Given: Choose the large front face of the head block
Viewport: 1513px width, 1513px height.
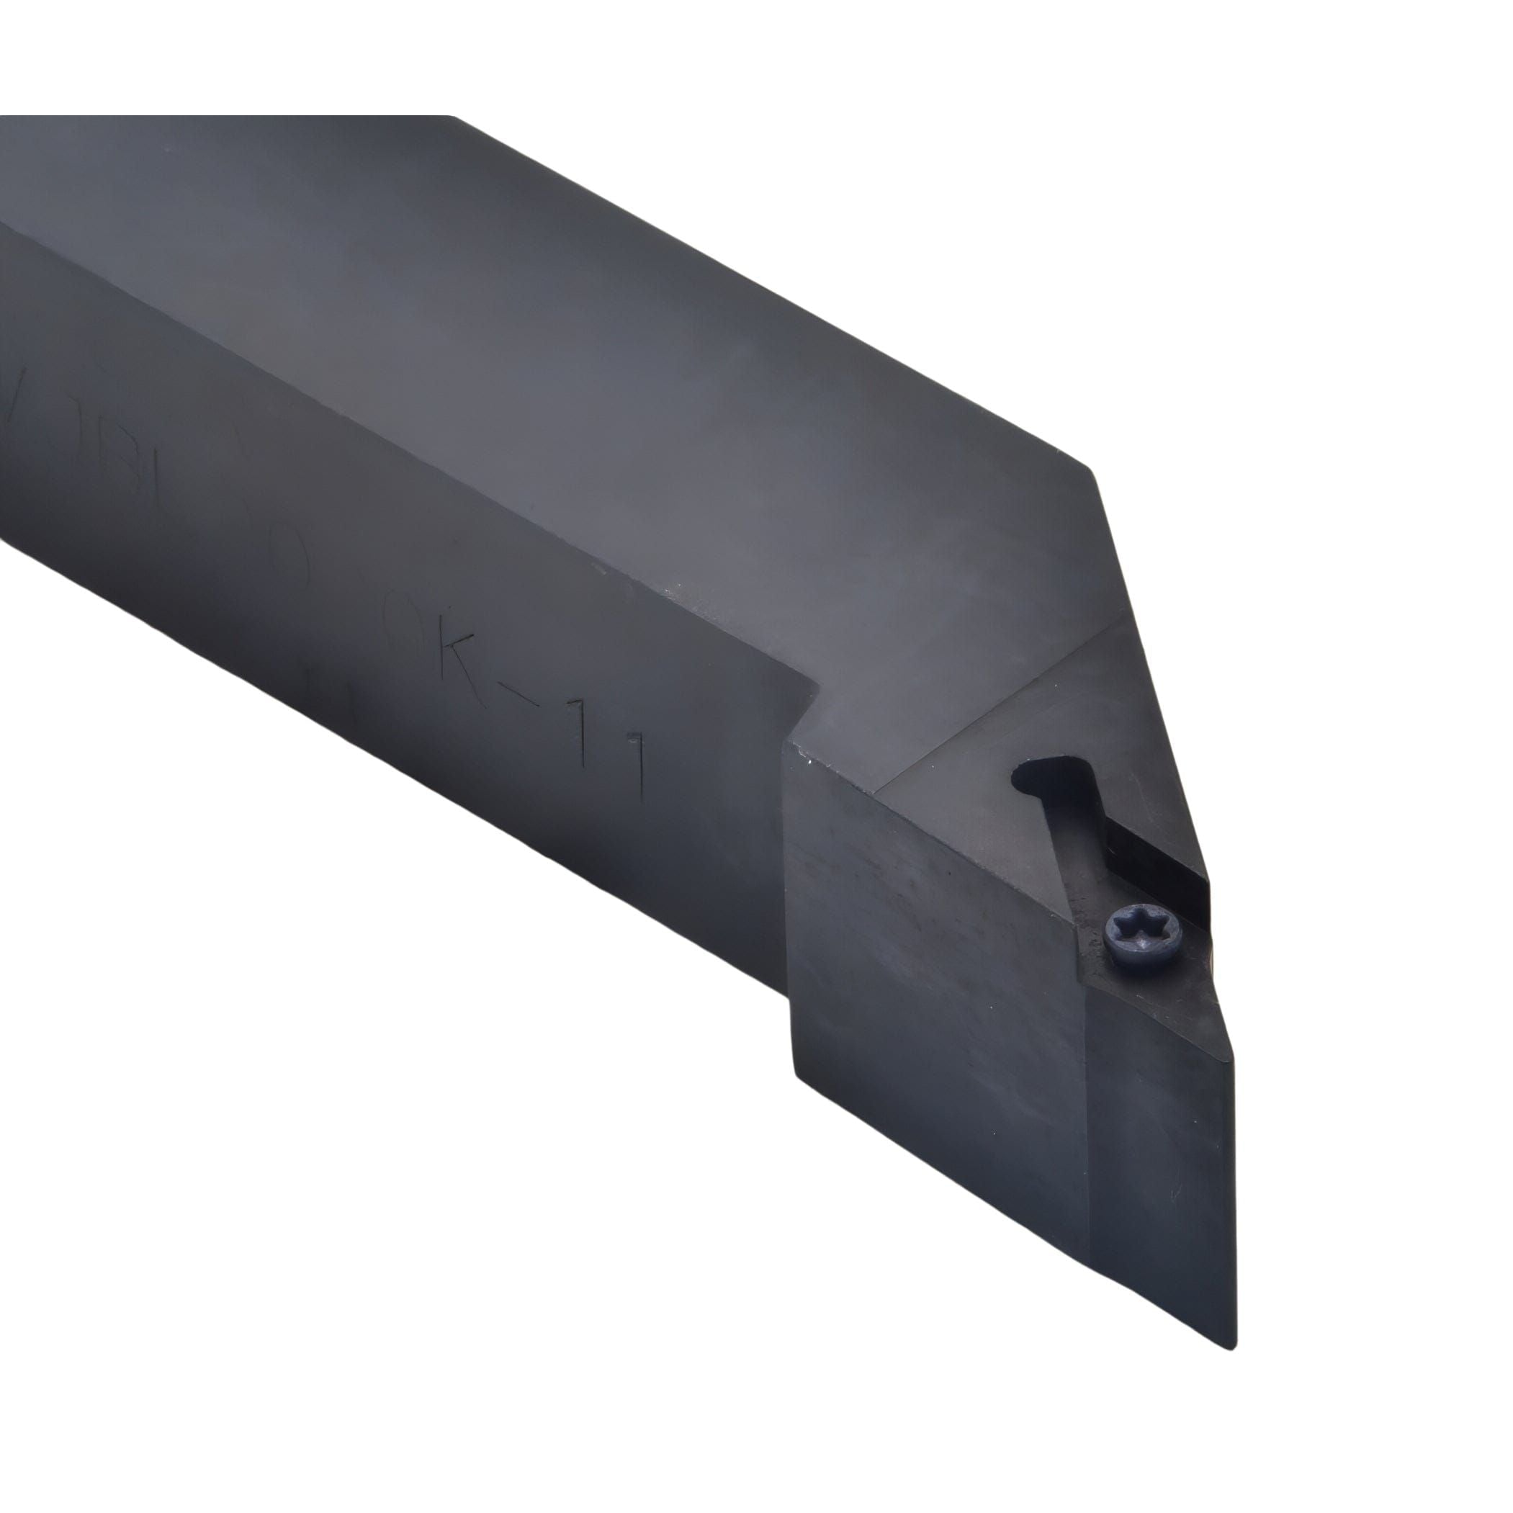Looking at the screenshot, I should [x=932, y=979].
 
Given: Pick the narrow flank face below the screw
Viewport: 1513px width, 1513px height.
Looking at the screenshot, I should [x=1159, y=1136].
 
